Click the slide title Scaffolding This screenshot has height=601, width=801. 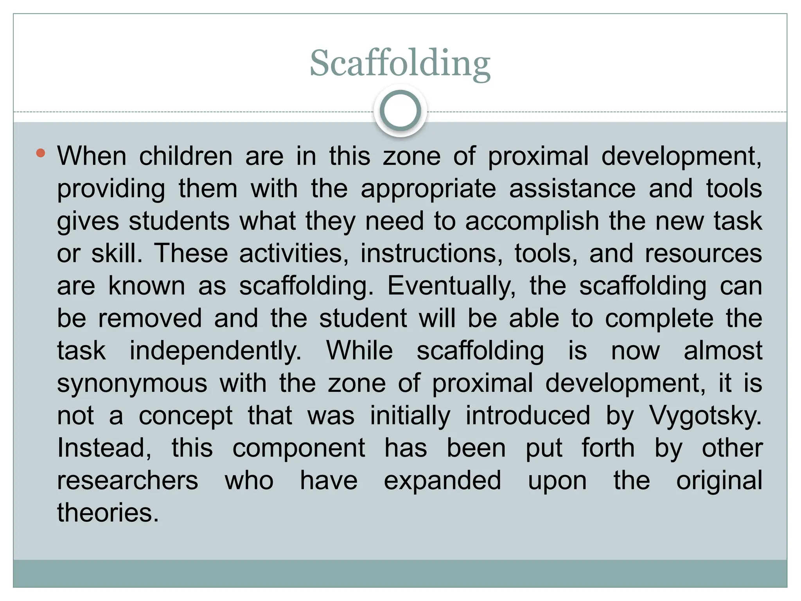pyautogui.click(x=400, y=64)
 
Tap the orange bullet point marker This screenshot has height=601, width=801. pyautogui.click(x=40, y=153)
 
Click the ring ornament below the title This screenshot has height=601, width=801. pyautogui.click(x=400, y=111)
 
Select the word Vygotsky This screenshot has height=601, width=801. pyautogui.click(x=706, y=416)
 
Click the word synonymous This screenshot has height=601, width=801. pyautogui.click(x=132, y=383)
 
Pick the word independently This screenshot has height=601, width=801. pyautogui.click(x=216, y=351)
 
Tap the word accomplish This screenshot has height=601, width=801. pyautogui.click(x=532, y=221)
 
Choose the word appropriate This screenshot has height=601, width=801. pyautogui.click(x=428, y=189)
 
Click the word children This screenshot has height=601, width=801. pyautogui.click(x=186, y=157)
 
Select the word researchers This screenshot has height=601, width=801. pyautogui.click(x=128, y=480)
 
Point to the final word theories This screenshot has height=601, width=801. pyautogui.click(x=108, y=513)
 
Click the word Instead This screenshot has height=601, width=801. pyautogui.click(x=104, y=448)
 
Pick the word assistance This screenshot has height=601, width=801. pyautogui.click(x=572, y=189)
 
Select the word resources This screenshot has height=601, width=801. pyautogui.click(x=703, y=254)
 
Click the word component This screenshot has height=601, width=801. pyautogui.click(x=299, y=448)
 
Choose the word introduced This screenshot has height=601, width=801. pyautogui.click(x=528, y=416)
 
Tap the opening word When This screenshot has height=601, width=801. pyautogui.click(x=92, y=157)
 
